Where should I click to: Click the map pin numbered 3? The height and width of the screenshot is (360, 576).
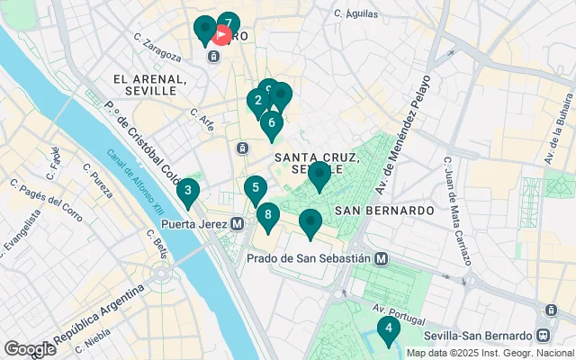pyautogui.click(x=187, y=191)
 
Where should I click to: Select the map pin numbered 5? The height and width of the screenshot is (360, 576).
pyautogui.click(x=256, y=189)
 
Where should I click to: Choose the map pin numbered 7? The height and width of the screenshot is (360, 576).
pyautogui.click(x=229, y=24)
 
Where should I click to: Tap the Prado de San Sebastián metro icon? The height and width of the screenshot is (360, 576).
pyautogui.click(x=382, y=258)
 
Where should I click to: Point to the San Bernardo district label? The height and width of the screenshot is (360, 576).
pyautogui.click(x=384, y=210)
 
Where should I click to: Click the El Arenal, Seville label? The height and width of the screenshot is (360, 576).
pyautogui.click(x=149, y=85)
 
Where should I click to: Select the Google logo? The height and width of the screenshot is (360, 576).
pyautogui.click(x=30, y=348)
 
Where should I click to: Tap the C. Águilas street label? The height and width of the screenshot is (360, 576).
pyautogui.click(x=355, y=13)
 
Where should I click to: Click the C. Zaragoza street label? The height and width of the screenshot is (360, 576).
pyautogui.click(x=157, y=47)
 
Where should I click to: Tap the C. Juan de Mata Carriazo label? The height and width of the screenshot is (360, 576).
pyautogui.click(x=458, y=212)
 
